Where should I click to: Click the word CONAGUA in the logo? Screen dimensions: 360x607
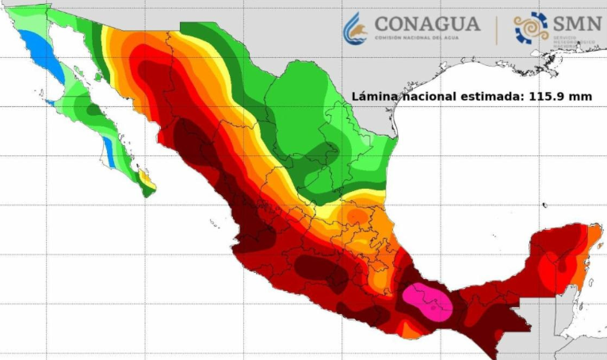pyautogui.click(x=427, y=23)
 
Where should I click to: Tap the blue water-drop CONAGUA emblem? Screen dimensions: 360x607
pyautogui.click(x=355, y=28)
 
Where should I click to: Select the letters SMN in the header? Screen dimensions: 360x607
pyautogui.click(x=578, y=25)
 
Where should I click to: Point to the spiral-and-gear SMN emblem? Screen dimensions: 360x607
pyautogui.click(x=531, y=27)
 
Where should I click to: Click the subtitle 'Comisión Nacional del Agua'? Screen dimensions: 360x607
pyautogui.click(x=426, y=38)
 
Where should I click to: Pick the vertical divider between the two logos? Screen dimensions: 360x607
pyautogui.click(x=497, y=29)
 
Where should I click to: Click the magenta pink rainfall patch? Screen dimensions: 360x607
pyautogui.click(x=428, y=301)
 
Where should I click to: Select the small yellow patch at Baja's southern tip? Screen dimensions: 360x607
pyautogui.click(x=143, y=176)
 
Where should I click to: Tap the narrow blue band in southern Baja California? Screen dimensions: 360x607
pyautogui.click(x=111, y=156)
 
